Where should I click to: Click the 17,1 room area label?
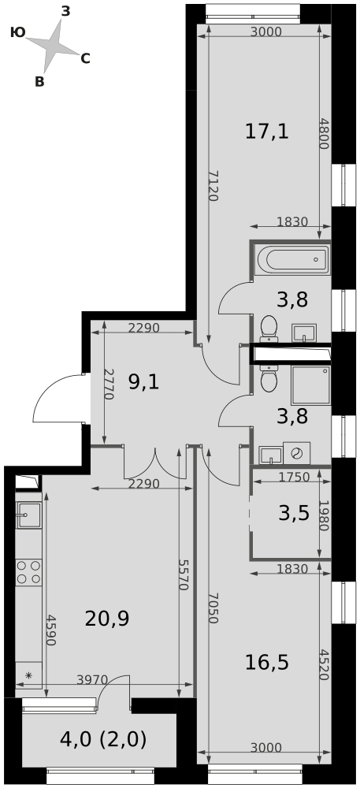[x=267, y=132]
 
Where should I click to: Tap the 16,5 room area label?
[x=267, y=663]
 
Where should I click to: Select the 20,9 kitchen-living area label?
[x=107, y=619]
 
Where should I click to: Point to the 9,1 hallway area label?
[x=143, y=384]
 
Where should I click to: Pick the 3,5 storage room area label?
[x=294, y=514]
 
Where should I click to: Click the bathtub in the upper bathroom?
[x=291, y=259]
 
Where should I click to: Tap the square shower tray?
[x=310, y=385]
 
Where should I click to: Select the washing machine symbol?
[x=297, y=453]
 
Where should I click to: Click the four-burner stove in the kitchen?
[x=28, y=572]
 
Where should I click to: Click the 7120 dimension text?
[x=213, y=186]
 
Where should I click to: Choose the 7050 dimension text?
[x=213, y=608]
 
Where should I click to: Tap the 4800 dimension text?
[x=323, y=133]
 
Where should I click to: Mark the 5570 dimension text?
[x=184, y=574]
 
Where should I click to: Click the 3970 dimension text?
[x=92, y=680]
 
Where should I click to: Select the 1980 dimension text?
[x=323, y=515]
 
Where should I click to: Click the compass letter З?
[x=65, y=12]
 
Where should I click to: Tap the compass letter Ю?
[x=17, y=33]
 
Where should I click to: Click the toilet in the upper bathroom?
[x=269, y=328]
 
